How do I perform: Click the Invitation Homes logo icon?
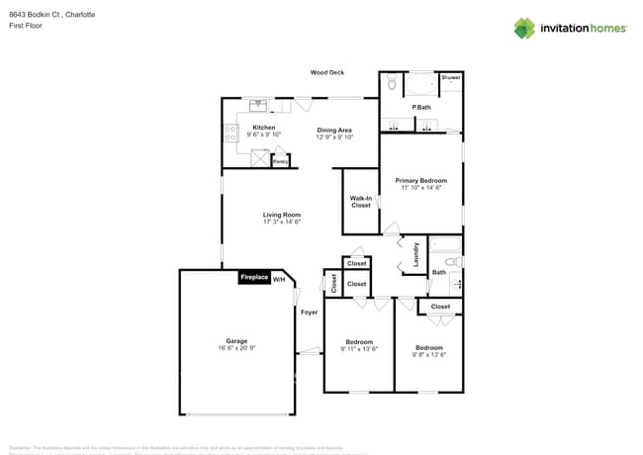524,28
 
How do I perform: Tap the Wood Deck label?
326,72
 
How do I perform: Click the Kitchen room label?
263,128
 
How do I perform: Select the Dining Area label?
334,130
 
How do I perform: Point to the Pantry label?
281,160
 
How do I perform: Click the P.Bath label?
421,107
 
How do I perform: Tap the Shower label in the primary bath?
451,77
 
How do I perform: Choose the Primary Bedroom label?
421,180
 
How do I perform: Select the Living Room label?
282,215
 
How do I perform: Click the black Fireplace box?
254,278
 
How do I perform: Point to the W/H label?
279,279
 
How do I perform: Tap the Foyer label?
310,312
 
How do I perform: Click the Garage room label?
235,341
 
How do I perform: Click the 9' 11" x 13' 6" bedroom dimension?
359,348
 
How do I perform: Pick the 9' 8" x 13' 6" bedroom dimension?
429,354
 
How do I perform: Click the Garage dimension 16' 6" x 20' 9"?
235,348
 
